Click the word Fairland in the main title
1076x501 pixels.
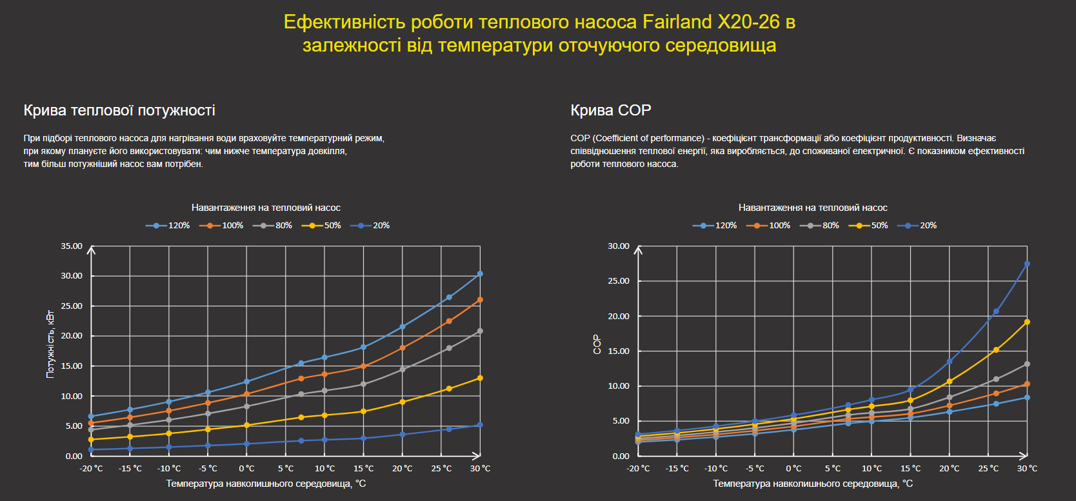(677, 22)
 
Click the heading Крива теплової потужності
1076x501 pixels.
(119, 110)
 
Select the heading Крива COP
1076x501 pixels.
(610, 110)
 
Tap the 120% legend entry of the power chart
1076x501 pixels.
(168, 226)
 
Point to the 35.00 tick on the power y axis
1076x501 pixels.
(72, 246)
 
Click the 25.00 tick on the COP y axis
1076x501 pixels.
(619, 281)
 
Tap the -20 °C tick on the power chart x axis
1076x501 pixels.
(91, 469)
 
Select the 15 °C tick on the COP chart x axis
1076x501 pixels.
(910, 469)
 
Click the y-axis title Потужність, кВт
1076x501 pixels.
(50, 344)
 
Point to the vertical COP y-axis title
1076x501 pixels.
(597, 344)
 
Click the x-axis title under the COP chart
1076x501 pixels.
(813, 484)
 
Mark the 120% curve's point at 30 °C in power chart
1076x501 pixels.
(480, 274)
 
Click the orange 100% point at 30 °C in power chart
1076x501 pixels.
(480, 300)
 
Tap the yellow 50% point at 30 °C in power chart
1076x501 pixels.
(480, 378)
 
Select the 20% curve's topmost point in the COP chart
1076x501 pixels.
(1027, 264)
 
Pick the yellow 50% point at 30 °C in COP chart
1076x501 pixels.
(1027, 322)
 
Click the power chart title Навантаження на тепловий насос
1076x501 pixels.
(266, 208)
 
